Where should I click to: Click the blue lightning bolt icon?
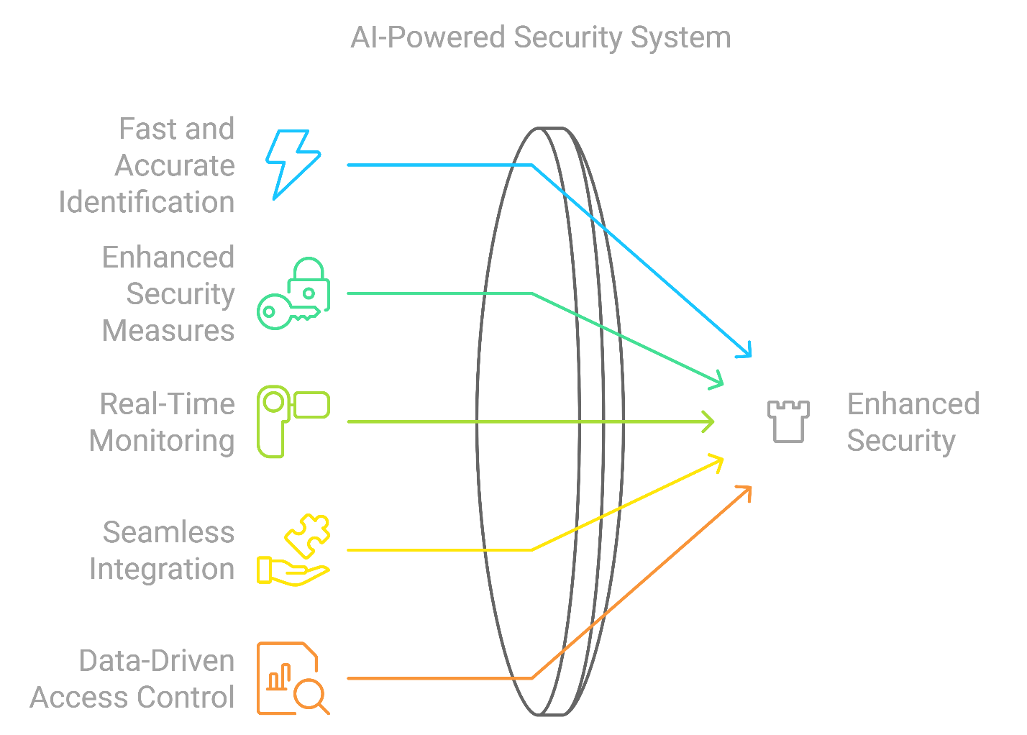tap(293, 164)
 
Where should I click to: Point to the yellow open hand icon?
tap(291, 571)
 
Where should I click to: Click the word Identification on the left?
tap(147, 203)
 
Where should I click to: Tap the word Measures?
tap(168, 331)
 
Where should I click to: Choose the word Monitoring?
tap(162, 441)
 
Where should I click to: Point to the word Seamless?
tap(168, 533)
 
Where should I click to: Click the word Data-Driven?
tap(157, 661)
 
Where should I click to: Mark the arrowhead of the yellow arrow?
tap(718, 460)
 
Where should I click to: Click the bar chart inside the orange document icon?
tap(278, 677)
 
